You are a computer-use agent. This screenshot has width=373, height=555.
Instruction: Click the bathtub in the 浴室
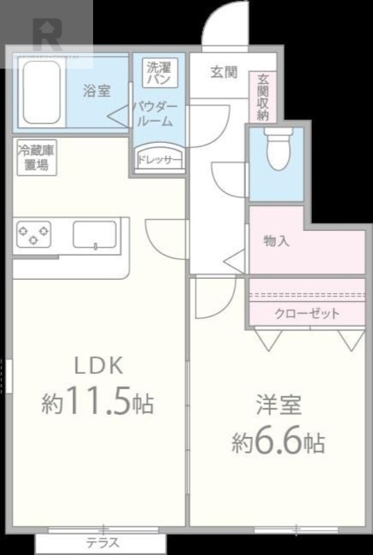(42, 92)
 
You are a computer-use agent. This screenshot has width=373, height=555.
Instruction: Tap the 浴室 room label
(97, 90)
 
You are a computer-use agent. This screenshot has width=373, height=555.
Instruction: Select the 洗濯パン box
(160, 73)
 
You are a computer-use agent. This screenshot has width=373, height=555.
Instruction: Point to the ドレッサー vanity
(159, 158)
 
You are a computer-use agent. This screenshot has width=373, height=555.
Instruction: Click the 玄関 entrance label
(224, 72)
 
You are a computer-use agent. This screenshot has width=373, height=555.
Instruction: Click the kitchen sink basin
(95, 234)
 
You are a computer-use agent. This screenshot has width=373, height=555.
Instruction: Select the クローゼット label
(307, 314)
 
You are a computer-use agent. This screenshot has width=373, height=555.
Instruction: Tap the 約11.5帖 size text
(97, 403)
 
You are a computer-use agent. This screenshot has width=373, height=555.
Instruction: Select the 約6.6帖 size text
(278, 442)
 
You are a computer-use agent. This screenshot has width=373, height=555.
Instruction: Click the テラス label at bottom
(102, 543)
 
